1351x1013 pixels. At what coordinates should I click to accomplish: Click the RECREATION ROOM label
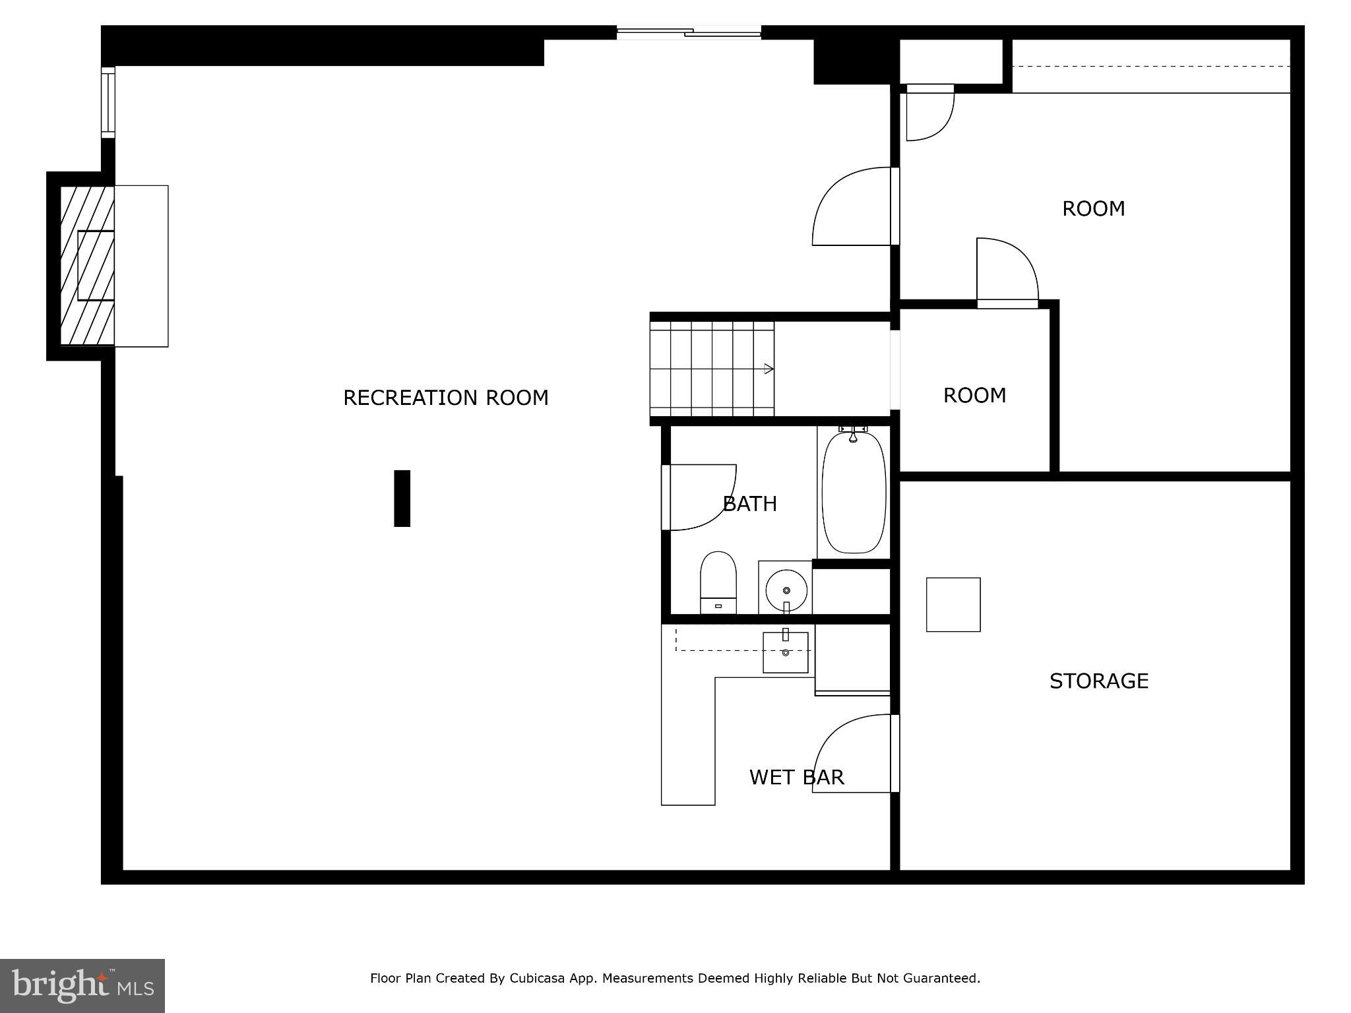[445, 398]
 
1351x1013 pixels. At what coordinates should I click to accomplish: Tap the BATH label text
[749, 504]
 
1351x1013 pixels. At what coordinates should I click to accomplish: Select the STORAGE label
[1098, 681]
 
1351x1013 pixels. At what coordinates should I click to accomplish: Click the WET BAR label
[796, 777]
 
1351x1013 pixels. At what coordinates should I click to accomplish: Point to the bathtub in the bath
[854, 492]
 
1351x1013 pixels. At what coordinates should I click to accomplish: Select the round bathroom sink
[786, 590]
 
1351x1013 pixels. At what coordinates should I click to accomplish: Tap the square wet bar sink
[785, 652]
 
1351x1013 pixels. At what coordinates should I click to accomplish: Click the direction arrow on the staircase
[768, 369]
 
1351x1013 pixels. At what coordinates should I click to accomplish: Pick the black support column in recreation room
[402, 498]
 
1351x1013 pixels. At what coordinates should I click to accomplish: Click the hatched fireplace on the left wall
[87, 265]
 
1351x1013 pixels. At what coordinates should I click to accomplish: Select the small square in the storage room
[953, 604]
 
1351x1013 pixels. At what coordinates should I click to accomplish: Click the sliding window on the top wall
[689, 32]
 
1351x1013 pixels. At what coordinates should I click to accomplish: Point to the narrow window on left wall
[108, 102]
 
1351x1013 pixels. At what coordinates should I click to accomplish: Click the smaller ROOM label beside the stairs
[974, 395]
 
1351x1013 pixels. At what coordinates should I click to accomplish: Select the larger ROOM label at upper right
[1093, 208]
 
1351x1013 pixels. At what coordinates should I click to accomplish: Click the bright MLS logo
[82, 985]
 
